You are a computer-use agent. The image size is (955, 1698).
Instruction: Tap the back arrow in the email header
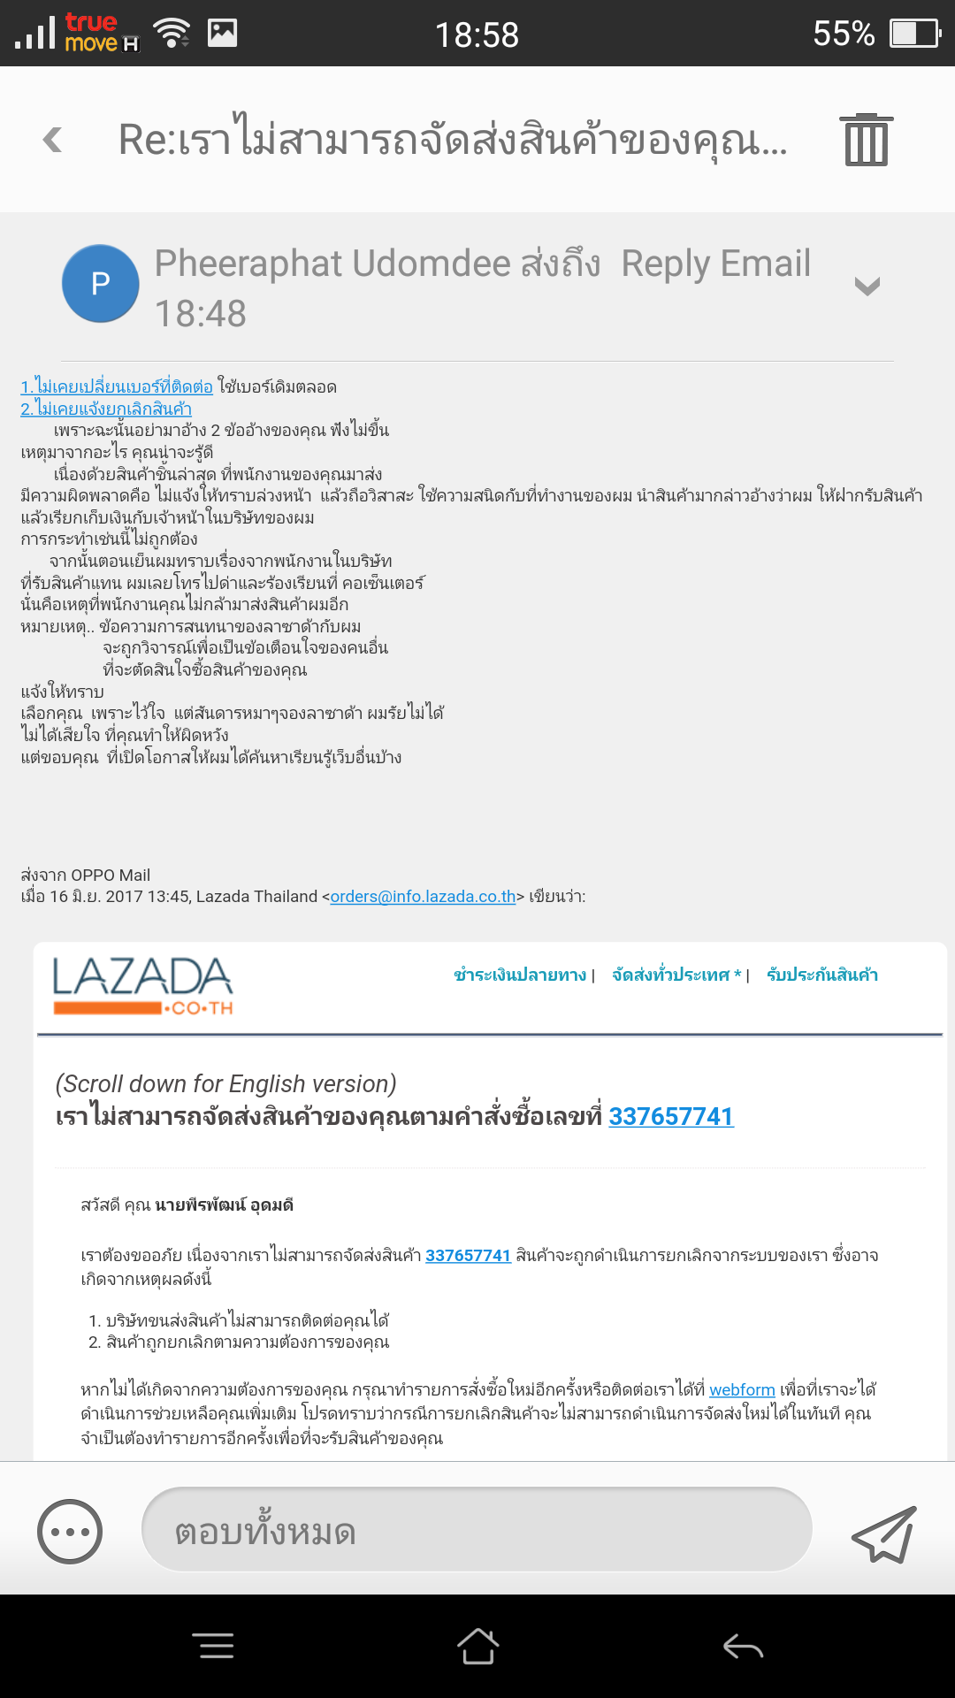pyautogui.click(x=53, y=140)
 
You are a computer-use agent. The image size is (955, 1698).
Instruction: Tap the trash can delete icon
pyautogui.click(x=866, y=140)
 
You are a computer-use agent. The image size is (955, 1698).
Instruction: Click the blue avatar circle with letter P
pyautogui.click(x=100, y=283)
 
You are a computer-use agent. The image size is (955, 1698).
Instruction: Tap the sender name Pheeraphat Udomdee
pyautogui.click(x=332, y=264)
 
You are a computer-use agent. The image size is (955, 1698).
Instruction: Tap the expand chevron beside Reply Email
pyautogui.click(x=867, y=286)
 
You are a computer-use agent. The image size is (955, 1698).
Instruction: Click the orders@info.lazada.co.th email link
pyautogui.click(x=423, y=897)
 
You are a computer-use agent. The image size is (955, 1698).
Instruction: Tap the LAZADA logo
pyautogui.click(x=142, y=985)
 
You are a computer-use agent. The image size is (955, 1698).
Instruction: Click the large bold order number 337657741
pyautogui.click(x=671, y=1117)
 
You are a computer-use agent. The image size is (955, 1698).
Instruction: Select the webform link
pyautogui.click(x=742, y=1390)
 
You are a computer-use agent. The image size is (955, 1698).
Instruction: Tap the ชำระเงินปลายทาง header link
pyautogui.click(x=520, y=975)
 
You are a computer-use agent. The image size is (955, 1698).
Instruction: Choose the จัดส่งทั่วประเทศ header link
pyautogui.click(x=676, y=975)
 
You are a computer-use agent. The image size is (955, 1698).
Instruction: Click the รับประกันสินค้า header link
pyautogui.click(x=822, y=975)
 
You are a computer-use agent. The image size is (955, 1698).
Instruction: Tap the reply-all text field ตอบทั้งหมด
pyautogui.click(x=477, y=1530)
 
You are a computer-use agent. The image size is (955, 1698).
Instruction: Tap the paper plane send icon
pyautogui.click(x=883, y=1534)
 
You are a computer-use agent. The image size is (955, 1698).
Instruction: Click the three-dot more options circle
pyautogui.click(x=70, y=1532)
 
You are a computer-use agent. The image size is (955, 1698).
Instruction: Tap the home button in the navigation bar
pyautogui.click(x=477, y=1646)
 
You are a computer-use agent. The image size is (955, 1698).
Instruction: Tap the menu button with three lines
pyautogui.click(x=213, y=1646)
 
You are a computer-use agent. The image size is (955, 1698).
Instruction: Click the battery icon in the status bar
pyautogui.click(x=914, y=34)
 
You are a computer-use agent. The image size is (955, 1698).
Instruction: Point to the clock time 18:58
pyautogui.click(x=477, y=34)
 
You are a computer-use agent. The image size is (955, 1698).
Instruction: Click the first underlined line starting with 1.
pyautogui.click(x=117, y=387)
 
